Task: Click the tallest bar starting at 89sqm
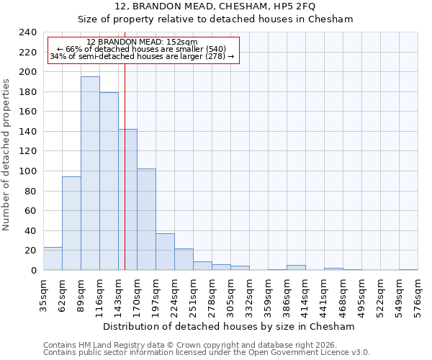[x=90, y=174]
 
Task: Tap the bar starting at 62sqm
[x=71, y=223]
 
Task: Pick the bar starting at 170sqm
[x=146, y=220]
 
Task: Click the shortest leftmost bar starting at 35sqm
[x=53, y=258]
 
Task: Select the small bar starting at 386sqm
[x=296, y=268]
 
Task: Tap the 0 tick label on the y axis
[x=33, y=271]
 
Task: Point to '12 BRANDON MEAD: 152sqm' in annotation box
[x=142, y=42]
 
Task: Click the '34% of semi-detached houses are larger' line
[x=142, y=56]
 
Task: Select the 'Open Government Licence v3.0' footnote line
[x=207, y=353]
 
